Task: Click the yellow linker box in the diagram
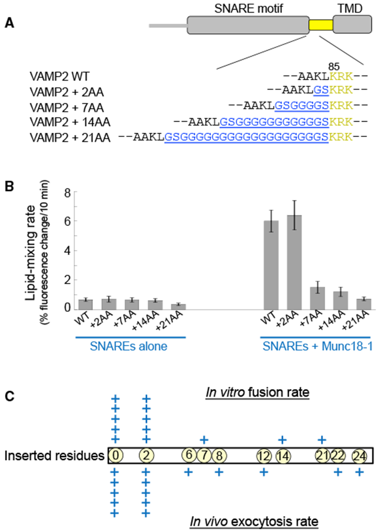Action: pyautogui.click(x=321, y=25)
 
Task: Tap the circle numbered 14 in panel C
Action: pyautogui.click(x=283, y=455)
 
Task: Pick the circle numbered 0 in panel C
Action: pyautogui.click(x=116, y=455)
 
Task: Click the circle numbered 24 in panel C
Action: pyautogui.click(x=360, y=455)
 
